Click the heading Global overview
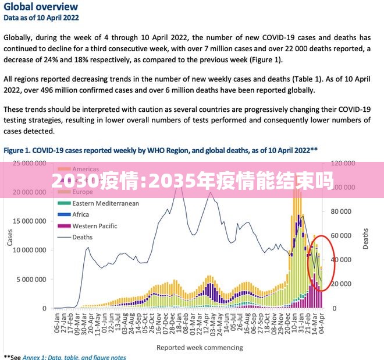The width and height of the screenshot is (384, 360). coord(41,7)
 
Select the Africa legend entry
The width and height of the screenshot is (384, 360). coord(81,214)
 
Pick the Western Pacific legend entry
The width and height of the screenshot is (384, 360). coord(94,226)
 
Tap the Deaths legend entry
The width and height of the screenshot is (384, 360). coord(82,237)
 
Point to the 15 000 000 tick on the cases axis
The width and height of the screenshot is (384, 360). coord(27,221)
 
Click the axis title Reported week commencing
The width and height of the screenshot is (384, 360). coord(200,348)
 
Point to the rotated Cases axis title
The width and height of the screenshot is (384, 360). coord(9,235)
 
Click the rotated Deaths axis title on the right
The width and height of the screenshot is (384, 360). coord(366,235)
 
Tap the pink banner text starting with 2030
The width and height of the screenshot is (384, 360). coord(192,182)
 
